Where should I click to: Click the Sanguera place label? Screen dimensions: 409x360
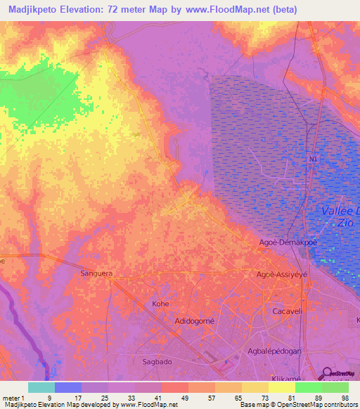(96, 273)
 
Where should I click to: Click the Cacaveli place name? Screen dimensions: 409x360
(287, 310)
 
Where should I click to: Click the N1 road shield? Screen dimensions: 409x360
(313, 160)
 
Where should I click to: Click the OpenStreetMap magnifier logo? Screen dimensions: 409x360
(326, 373)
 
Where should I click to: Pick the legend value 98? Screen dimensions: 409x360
(344, 397)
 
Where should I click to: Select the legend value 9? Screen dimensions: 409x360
(49, 397)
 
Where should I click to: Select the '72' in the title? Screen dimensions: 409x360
(116, 9)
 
